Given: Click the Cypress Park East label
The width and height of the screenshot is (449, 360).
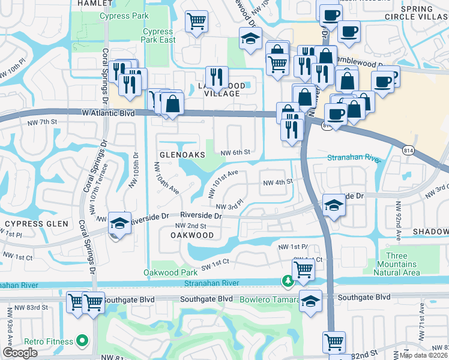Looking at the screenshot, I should pos(159,35).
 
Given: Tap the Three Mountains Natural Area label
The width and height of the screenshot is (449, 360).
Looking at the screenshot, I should pos(397,265).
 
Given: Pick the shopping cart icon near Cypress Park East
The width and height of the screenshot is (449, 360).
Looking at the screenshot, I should pos(196,22).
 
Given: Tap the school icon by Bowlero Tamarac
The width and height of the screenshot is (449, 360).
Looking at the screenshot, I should pos(310,301).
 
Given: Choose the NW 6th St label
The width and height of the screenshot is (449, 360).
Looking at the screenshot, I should pos(235,152).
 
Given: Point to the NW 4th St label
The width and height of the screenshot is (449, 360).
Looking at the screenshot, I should pos(277,181).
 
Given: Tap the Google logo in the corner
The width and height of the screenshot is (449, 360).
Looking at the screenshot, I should pos(20,353).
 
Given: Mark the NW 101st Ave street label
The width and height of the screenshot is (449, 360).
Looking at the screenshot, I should pos(223,183).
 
